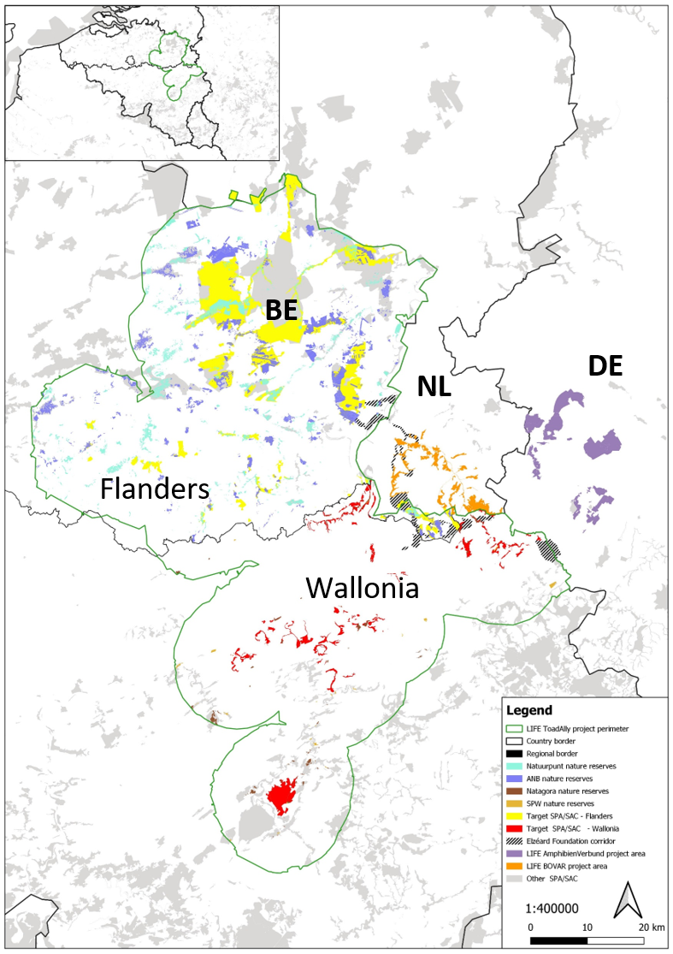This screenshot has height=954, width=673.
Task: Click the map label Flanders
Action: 155,489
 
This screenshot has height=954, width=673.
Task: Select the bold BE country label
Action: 280,311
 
